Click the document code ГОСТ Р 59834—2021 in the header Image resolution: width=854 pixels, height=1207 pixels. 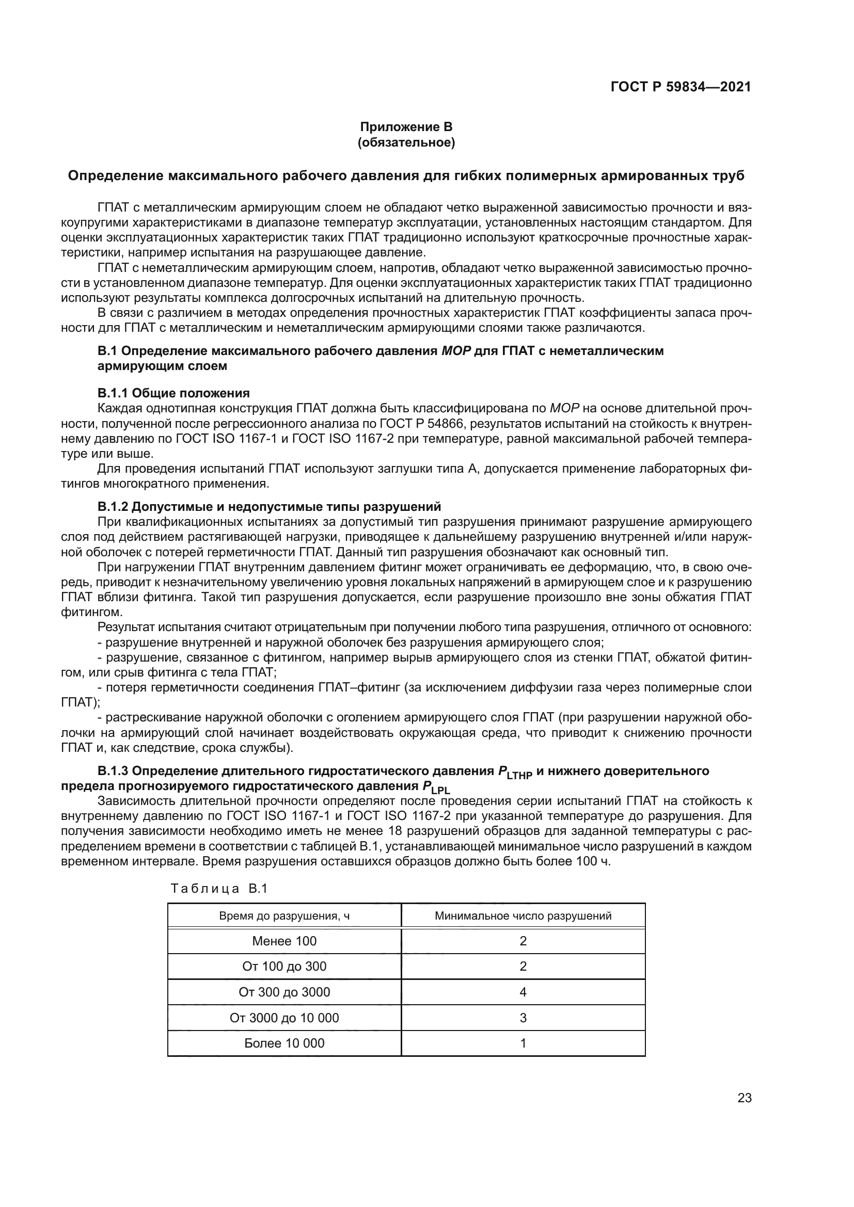click(x=681, y=87)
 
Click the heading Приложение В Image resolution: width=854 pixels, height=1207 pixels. click(x=406, y=127)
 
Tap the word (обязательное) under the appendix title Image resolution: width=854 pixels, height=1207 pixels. click(x=406, y=142)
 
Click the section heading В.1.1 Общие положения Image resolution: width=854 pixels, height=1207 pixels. click(x=173, y=393)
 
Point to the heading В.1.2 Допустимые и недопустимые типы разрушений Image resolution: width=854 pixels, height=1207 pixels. click(x=269, y=507)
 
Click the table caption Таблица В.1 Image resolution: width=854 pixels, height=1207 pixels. click(x=219, y=889)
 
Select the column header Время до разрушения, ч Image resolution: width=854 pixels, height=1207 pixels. click(x=284, y=916)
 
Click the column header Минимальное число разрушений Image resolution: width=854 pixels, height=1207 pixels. click(x=523, y=916)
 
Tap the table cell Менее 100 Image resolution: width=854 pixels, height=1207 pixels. click(x=284, y=941)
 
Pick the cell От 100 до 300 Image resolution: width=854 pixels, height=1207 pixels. click(x=284, y=966)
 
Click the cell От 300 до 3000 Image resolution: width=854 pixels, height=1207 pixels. click(x=284, y=992)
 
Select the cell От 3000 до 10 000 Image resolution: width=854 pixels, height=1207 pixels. click(x=284, y=1018)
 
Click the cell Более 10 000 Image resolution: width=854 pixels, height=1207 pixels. click(x=284, y=1043)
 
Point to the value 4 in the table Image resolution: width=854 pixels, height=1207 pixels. click(x=523, y=992)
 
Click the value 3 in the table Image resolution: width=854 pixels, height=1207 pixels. click(x=523, y=1018)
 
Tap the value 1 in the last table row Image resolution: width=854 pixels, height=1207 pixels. click(x=523, y=1043)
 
